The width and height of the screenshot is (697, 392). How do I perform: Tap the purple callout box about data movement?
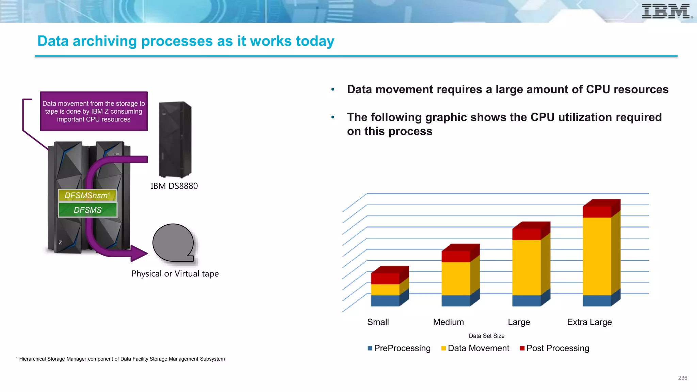point(94,111)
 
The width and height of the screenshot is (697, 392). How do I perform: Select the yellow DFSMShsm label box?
point(87,195)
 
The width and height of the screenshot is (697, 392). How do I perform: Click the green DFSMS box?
point(87,210)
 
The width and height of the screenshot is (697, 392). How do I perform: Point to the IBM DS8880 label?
point(174,186)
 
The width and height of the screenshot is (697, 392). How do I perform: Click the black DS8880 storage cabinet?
point(175,140)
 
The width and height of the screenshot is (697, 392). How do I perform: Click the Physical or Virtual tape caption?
point(175,274)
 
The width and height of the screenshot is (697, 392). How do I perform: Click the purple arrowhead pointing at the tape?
point(138,253)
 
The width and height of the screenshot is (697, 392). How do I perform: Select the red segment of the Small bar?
point(385,278)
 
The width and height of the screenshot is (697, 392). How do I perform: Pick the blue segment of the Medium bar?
point(456,300)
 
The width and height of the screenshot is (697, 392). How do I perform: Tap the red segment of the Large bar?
point(526,234)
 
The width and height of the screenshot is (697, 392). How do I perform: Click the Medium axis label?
point(448,322)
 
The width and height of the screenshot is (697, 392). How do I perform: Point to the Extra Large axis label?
point(589,322)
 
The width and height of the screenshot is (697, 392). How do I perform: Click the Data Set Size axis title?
point(486,336)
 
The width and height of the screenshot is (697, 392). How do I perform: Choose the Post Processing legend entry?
point(554,348)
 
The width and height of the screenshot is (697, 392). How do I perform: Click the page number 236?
point(682,378)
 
